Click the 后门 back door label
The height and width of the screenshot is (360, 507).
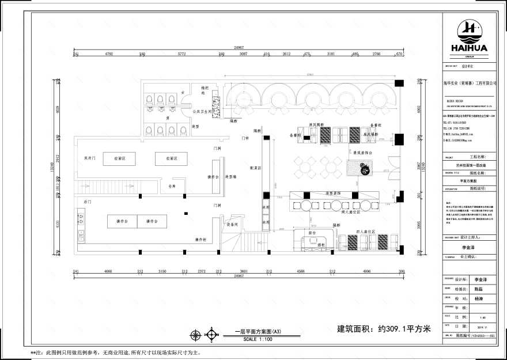pos(88,202)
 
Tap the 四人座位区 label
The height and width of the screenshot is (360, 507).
pos(365,232)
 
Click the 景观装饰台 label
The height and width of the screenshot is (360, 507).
pos(364,153)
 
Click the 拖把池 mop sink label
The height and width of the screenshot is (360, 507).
pos(203,91)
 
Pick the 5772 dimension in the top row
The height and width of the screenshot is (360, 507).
pos(181,54)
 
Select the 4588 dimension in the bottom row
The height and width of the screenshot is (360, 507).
pos(301,271)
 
